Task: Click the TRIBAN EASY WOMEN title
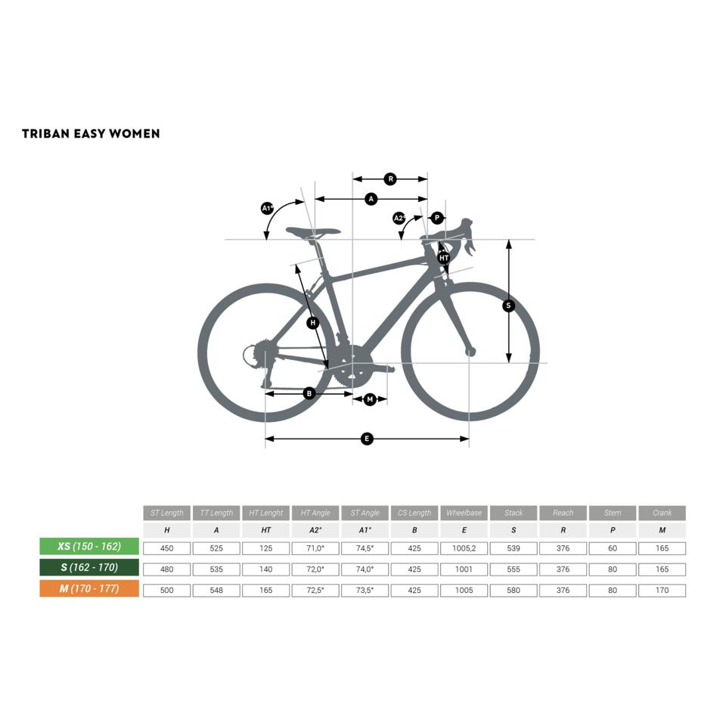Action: pyautogui.click(x=91, y=134)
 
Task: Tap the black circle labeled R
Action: pyautogui.click(x=390, y=179)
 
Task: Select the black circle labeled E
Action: pyautogui.click(x=367, y=439)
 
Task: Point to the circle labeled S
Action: pyautogui.click(x=508, y=306)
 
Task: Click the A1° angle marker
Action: pyautogui.click(x=267, y=208)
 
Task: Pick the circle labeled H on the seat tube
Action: pyautogui.click(x=313, y=323)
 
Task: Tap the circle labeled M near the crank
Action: pyautogui.click(x=370, y=399)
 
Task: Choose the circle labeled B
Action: pyautogui.click(x=309, y=393)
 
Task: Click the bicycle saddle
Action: pyautogui.click(x=312, y=231)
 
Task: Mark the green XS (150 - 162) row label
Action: pyautogui.click(x=89, y=547)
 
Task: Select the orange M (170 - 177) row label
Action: pyautogui.click(x=89, y=588)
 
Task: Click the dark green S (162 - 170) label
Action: pyautogui.click(x=89, y=567)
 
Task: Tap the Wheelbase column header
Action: pyautogui.click(x=464, y=513)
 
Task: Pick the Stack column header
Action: pyautogui.click(x=513, y=513)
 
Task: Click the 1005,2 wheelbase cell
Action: pyautogui.click(x=464, y=548)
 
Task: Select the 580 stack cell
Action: pyautogui.click(x=513, y=590)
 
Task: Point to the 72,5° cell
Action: pyautogui.click(x=315, y=590)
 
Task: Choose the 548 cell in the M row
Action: pyautogui.click(x=216, y=590)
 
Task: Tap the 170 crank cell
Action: pyautogui.click(x=662, y=590)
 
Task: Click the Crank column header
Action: pyautogui.click(x=662, y=513)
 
